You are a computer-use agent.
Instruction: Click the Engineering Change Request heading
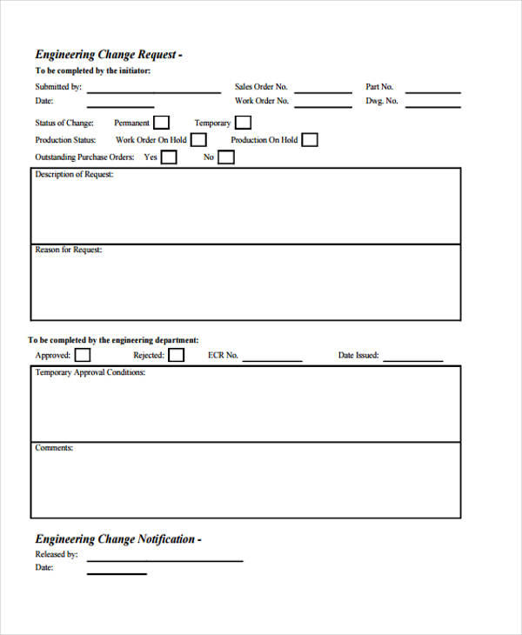click(108, 54)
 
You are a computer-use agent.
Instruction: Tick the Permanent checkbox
click(161, 123)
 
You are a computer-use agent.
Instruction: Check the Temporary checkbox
click(243, 123)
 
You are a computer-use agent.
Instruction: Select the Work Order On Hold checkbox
click(199, 139)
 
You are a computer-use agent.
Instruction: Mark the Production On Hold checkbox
click(309, 139)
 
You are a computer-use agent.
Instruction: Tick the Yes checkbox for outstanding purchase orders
click(169, 157)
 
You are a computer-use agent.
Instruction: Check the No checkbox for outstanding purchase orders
click(225, 157)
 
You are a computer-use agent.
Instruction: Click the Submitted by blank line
click(154, 90)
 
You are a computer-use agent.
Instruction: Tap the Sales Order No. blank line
click(323, 90)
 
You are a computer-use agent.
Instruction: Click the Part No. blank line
click(433, 90)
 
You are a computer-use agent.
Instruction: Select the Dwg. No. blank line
click(433, 104)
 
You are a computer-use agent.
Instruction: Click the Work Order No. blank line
click(323, 104)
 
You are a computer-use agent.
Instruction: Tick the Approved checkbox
click(82, 355)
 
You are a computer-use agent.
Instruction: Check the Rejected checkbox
click(176, 355)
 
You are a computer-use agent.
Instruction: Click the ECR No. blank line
click(272, 358)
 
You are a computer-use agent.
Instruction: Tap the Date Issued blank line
click(413, 358)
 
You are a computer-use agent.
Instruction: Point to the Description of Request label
click(74, 175)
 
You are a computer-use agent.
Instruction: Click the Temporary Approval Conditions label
click(90, 373)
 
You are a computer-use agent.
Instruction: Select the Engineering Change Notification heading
click(117, 538)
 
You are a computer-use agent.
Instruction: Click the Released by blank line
click(164, 558)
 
